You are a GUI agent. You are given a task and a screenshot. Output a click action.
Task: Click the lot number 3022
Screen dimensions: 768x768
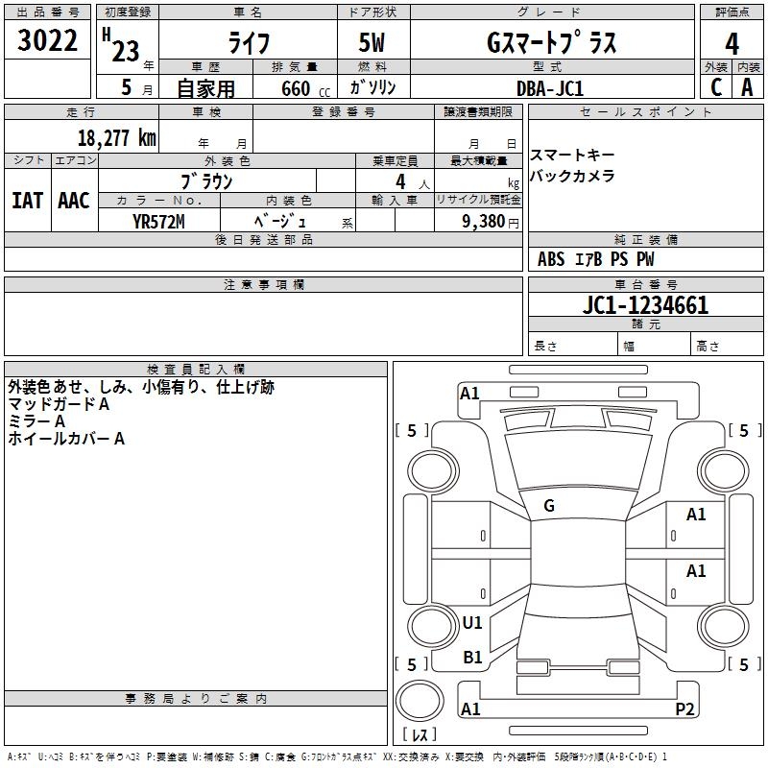point(47,40)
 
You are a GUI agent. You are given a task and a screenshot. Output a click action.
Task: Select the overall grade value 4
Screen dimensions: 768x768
point(732,44)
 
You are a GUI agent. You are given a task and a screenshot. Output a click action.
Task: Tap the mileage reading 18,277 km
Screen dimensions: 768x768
point(116,137)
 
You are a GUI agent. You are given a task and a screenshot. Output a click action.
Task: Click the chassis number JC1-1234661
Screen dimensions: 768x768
point(645,305)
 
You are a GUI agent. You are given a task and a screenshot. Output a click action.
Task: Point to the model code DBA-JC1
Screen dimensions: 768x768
point(550,88)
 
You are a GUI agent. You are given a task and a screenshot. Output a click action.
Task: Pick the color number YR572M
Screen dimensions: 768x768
point(158,222)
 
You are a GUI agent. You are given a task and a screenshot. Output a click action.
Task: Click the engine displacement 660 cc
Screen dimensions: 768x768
point(305,88)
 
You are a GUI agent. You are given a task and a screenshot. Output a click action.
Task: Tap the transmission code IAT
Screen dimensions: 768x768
point(28,201)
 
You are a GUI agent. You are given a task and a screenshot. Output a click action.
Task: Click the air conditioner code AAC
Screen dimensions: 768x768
point(74,201)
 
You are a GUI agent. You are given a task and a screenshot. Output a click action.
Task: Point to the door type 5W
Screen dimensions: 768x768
point(372,42)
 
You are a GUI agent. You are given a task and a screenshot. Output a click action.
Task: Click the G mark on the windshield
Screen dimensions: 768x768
point(549,506)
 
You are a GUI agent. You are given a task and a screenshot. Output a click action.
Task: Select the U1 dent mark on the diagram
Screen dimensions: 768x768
point(472,622)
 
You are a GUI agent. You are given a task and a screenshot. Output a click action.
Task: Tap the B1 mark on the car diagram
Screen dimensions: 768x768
point(472,658)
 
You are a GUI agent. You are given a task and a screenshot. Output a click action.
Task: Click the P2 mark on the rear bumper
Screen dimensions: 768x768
point(684,708)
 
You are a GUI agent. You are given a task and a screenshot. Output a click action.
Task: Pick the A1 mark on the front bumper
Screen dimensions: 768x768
point(469,394)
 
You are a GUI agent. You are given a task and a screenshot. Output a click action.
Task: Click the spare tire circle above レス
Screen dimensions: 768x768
point(420,702)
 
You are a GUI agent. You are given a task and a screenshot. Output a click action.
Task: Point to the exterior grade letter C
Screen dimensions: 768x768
point(716,87)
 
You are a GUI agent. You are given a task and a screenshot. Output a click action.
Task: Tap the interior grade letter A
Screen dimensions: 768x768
point(747,87)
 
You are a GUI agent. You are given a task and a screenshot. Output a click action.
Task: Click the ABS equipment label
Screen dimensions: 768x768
point(551,259)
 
